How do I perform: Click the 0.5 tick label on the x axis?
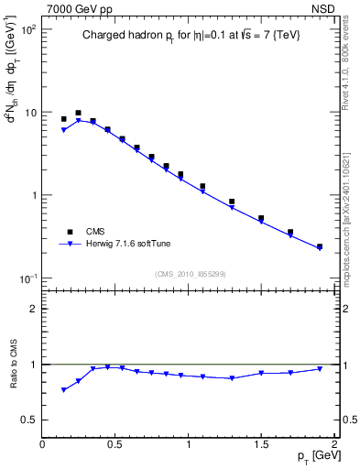115,443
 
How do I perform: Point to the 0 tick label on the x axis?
42,443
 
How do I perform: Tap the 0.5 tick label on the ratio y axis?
27,420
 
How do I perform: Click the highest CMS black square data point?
78,113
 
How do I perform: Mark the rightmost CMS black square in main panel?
320,246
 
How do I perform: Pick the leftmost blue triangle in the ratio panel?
63,390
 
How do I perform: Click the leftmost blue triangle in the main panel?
63,130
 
